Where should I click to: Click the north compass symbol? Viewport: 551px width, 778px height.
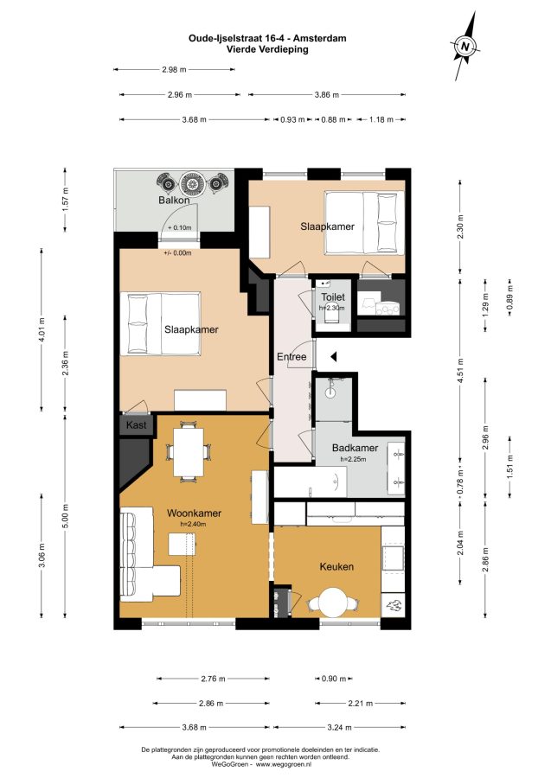coord(465,46)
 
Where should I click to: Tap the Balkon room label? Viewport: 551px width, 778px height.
coord(174,201)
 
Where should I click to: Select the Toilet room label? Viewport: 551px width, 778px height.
coord(332,297)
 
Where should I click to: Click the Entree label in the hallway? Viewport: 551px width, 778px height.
coord(292,357)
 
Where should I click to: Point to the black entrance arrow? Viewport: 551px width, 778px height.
coord(334,356)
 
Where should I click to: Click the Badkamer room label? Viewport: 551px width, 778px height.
coord(355,448)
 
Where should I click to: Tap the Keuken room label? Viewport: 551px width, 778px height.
coord(336,566)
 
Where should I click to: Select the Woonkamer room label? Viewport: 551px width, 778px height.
coord(194,513)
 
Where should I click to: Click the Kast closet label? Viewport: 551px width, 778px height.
coord(136,425)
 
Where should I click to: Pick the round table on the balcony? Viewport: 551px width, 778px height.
coord(191,183)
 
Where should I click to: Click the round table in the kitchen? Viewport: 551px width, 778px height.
coord(332,603)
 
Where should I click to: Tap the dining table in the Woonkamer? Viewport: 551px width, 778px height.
coord(188,451)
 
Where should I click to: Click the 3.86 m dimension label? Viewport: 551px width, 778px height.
coord(327,95)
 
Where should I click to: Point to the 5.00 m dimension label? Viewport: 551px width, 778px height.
coord(65,516)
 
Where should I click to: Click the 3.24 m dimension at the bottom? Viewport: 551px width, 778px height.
coord(339,727)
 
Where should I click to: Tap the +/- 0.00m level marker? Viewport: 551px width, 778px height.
coord(177,253)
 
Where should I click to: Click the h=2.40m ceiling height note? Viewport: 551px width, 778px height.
coord(193,524)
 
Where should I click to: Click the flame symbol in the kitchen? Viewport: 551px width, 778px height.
coord(394,605)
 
